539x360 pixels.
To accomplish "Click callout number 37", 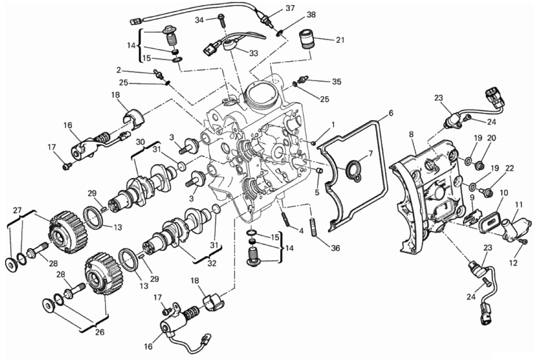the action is point(290,8).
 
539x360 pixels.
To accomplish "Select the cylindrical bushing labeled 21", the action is point(307,40).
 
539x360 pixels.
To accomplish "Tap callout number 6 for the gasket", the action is point(391,113).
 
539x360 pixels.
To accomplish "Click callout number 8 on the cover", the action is point(411,135).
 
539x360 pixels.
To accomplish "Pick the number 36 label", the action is point(335,248).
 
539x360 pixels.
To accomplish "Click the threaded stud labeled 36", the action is point(314,227).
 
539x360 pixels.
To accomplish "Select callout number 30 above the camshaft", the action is point(141,142).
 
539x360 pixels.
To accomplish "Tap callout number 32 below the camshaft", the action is point(212,263).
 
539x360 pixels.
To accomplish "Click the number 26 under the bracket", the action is point(99,332).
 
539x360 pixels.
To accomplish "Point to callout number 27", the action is point(17,210).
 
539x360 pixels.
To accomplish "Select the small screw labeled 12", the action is point(523,242).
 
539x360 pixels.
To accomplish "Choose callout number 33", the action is point(254,53).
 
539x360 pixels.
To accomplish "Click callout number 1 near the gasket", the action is point(333,124).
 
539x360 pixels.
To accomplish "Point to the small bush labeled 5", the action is point(319,171).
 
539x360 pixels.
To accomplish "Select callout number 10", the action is point(503,193).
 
